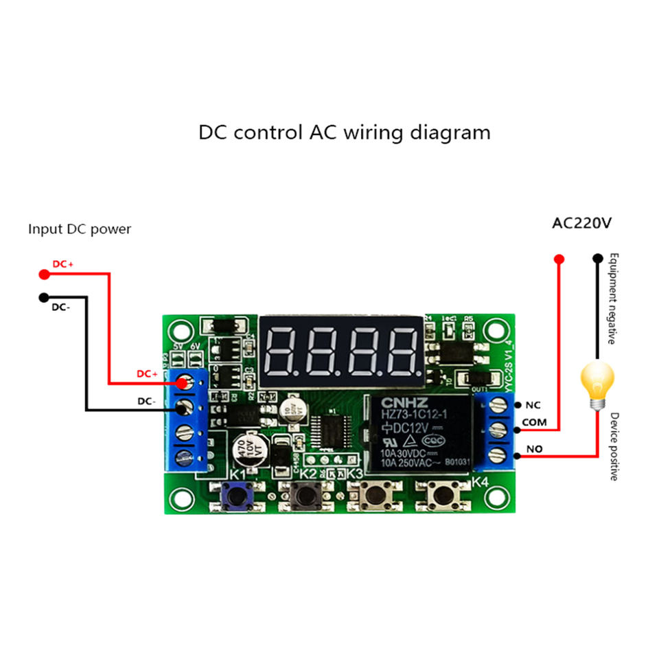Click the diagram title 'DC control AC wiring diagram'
pos(345,132)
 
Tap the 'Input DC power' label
pos(80,229)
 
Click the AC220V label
pos(582,223)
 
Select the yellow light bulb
pos(597,384)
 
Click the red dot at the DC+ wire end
pos(44,275)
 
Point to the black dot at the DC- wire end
pos(44,297)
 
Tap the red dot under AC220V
pos(559,259)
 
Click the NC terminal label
pos(533,405)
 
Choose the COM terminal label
pos(535,422)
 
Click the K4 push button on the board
pos(441,494)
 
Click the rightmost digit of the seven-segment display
pos(401,349)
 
